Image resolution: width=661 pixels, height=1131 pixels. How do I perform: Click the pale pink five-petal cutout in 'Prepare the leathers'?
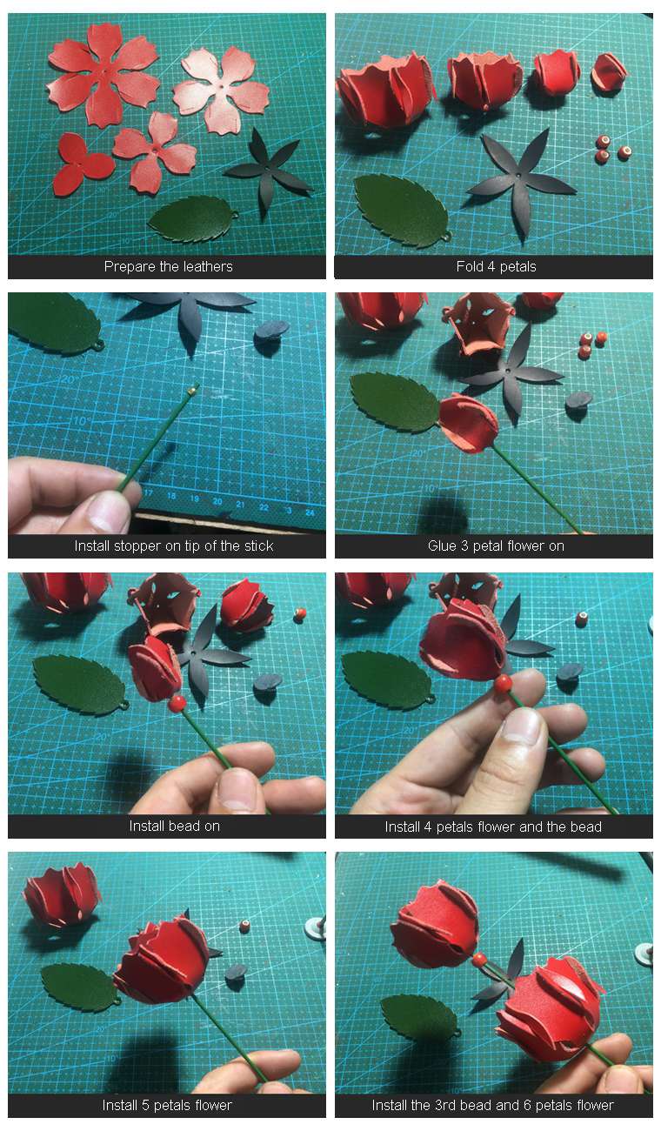click(221, 90)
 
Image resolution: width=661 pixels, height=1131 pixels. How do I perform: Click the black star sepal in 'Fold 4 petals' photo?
click(520, 182)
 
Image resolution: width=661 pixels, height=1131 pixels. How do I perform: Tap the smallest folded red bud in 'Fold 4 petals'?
click(609, 72)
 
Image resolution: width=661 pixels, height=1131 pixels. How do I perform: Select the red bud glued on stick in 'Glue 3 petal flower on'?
click(468, 423)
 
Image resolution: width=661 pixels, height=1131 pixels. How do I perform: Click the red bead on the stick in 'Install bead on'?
click(177, 703)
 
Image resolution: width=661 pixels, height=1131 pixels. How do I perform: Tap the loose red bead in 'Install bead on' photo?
click(300, 614)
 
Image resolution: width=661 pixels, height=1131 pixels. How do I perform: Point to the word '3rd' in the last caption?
click(446, 1105)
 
